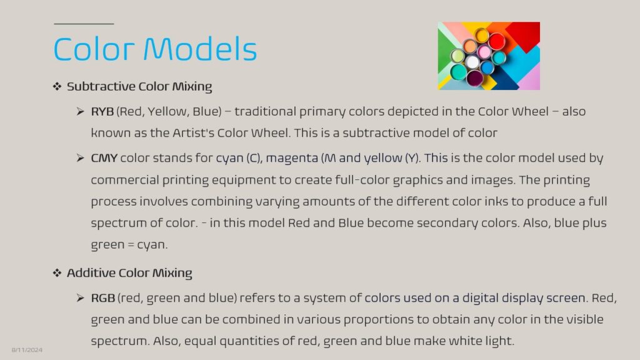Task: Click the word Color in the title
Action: (94, 49)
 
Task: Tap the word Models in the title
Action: (200, 49)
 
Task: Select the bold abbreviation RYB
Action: (102, 111)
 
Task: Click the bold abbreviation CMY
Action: (104, 158)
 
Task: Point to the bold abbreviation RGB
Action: (103, 298)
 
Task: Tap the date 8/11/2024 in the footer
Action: (27, 350)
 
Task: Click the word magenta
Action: (292, 159)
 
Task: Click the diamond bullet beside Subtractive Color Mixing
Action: (57, 86)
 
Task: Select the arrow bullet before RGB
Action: (80, 298)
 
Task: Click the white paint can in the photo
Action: (472, 62)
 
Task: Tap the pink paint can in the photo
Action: (484, 52)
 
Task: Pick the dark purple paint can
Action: (475, 78)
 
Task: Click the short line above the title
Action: (84, 24)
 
